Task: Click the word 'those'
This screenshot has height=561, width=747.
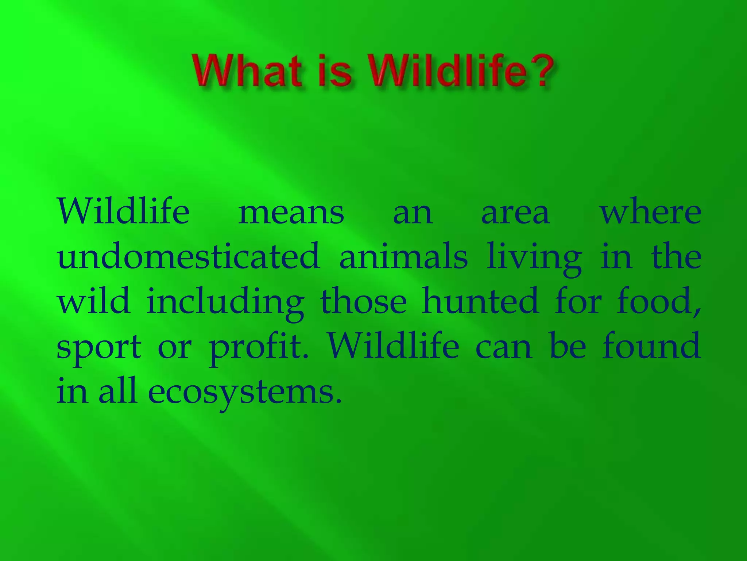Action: click(x=363, y=302)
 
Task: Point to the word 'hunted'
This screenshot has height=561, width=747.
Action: click(x=480, y=302)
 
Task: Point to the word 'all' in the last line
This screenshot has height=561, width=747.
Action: click(x=117, y=391)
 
